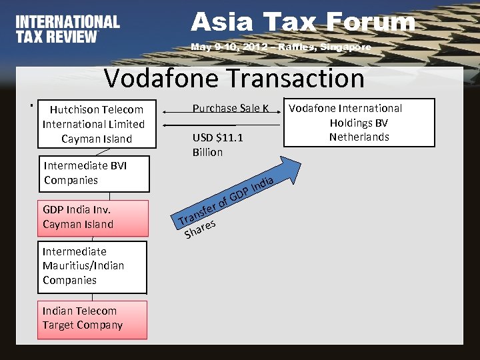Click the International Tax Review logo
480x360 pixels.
coord(67,29)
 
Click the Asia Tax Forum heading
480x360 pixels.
coord(303,22)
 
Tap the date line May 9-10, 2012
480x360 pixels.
coord(280,48)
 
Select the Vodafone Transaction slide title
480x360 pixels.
coord(234,79)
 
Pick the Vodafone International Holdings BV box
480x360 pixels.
coord(359,123)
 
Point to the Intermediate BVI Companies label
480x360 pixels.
coord(76,173)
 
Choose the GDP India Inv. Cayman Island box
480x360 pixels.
coord(93,217)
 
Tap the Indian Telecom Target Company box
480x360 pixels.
coord(93,319)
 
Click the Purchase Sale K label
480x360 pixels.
coord(230,109)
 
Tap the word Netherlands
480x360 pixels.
coord(359,137)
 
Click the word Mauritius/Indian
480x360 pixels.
coord(83,266)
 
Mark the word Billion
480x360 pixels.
coord(207,153)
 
